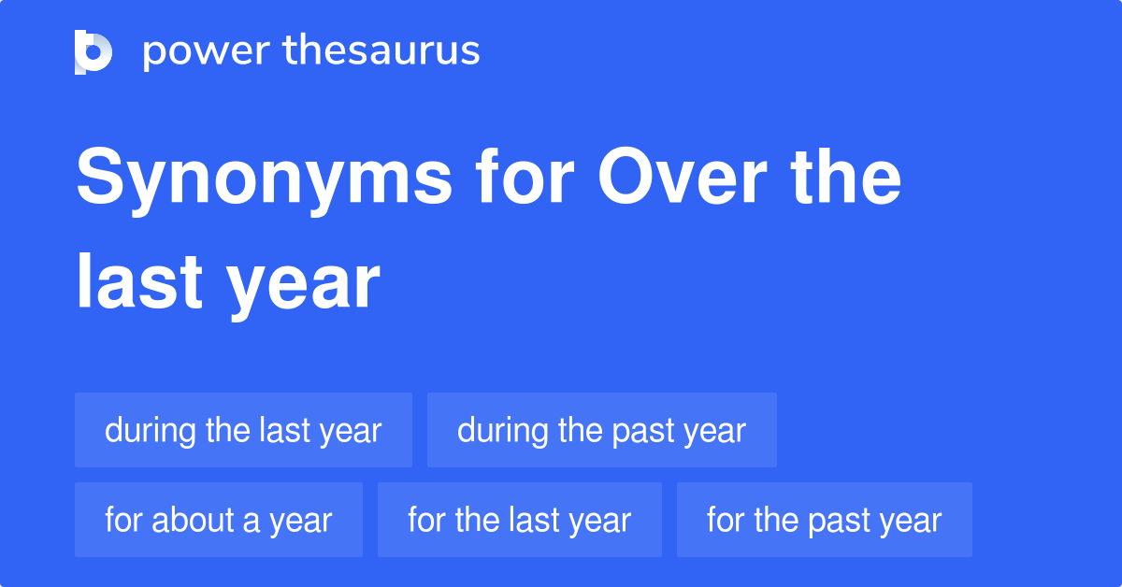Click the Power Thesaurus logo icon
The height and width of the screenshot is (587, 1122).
[x=93, y=52]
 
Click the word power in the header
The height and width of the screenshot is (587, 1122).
[x=207, y=52]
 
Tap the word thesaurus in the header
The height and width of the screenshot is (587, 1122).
[x=381, y=50]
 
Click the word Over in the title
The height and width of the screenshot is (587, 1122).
[x=683, y=176]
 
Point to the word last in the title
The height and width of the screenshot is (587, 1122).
[x=139, y=281]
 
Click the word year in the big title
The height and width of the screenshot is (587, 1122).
[x=304, y=288]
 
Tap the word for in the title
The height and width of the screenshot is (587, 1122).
[x=525, y=176]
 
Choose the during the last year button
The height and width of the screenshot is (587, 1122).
[x=243, y=430]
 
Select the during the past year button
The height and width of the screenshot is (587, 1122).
[x=601, y=430]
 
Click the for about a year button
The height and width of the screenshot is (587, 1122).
[x=219, y=520]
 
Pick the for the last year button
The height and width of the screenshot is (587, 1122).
[x=520, y=520]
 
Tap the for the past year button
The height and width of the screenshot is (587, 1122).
[x=824, y=520]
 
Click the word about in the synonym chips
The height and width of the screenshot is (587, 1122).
[x=193, y=520]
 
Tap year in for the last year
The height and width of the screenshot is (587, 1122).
[x=600, y=523]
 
